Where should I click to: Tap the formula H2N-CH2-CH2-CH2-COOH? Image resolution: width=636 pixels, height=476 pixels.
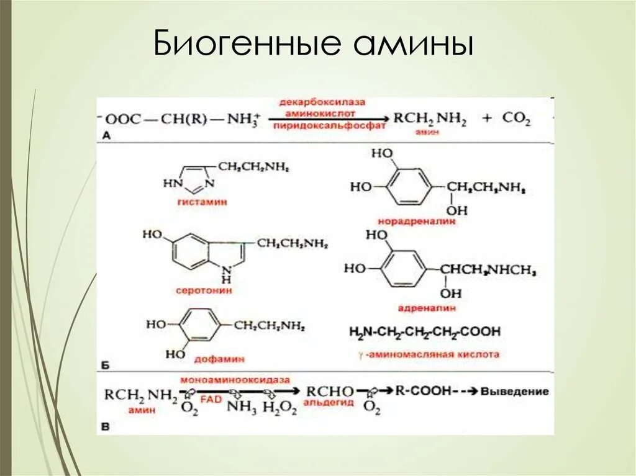[424, 332]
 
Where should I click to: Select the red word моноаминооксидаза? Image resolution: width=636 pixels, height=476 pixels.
[227, 379]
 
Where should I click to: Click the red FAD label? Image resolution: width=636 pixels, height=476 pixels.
[211, 400]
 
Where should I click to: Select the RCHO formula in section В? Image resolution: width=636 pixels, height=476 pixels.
[330, 392]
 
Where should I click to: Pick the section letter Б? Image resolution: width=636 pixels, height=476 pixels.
[105, 366]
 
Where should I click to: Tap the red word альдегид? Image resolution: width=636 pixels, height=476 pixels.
[329, 403]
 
